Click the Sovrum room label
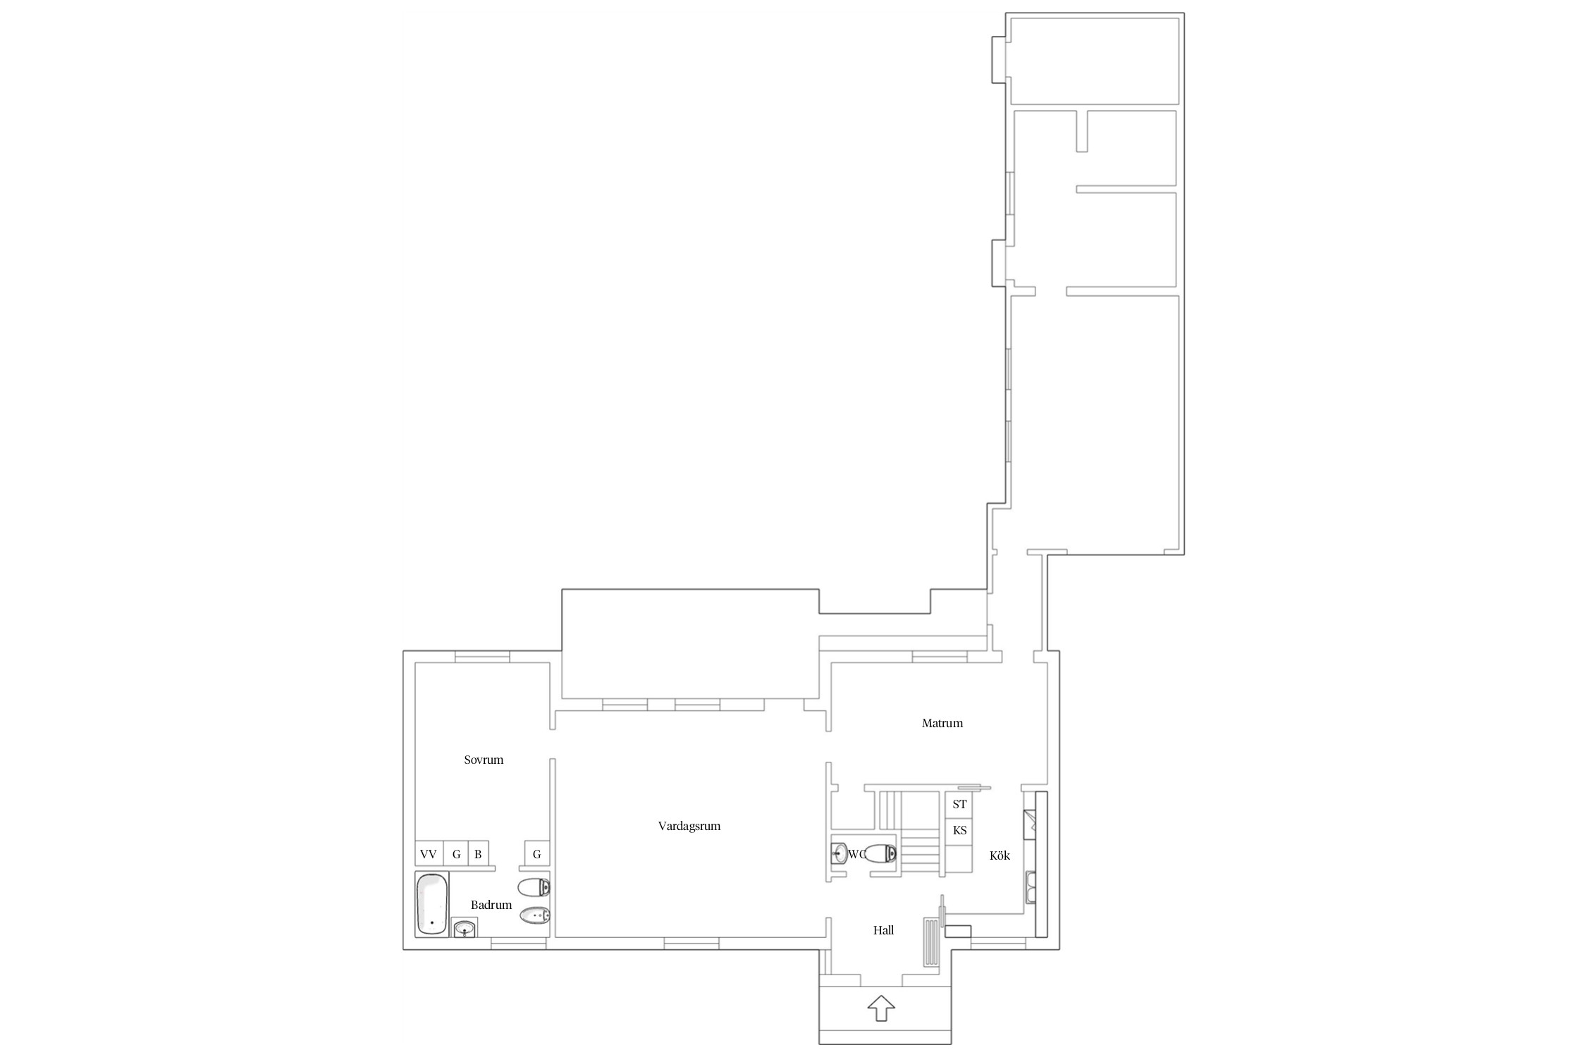484,760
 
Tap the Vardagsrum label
689,826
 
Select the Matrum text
942,723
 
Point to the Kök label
1000,855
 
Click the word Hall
883,930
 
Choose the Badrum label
491,905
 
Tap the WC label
857,854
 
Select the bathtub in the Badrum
431,904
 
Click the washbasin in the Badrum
464,928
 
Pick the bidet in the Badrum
534,916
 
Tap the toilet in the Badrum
534,887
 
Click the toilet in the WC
881,854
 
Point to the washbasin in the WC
839,854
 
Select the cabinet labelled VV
429,854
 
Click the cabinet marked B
478,854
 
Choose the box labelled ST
959,804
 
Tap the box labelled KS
959,831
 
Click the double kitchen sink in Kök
1031,887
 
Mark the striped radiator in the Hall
932,942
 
